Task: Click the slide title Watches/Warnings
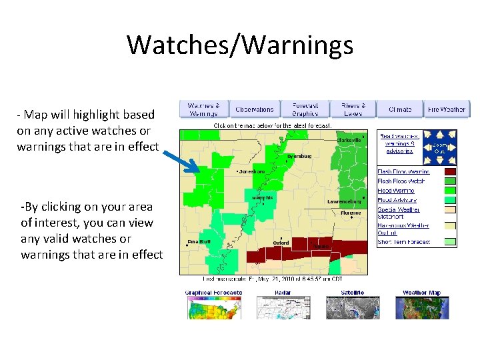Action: [240, 45]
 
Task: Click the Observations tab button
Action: [255, 109]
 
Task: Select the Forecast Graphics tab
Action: [305, 109]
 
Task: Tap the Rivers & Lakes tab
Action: [353, 109]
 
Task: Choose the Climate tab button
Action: [400, 109]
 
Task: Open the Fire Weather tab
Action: [447, 109]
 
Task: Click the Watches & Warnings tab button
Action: [203, 109]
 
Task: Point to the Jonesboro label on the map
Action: [251, 172]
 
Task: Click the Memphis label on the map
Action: [262, 198]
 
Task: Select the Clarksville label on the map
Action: [349, 141]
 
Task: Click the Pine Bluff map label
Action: [199, 242]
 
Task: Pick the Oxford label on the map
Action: [281, 243]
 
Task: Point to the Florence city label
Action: [351, 213]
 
